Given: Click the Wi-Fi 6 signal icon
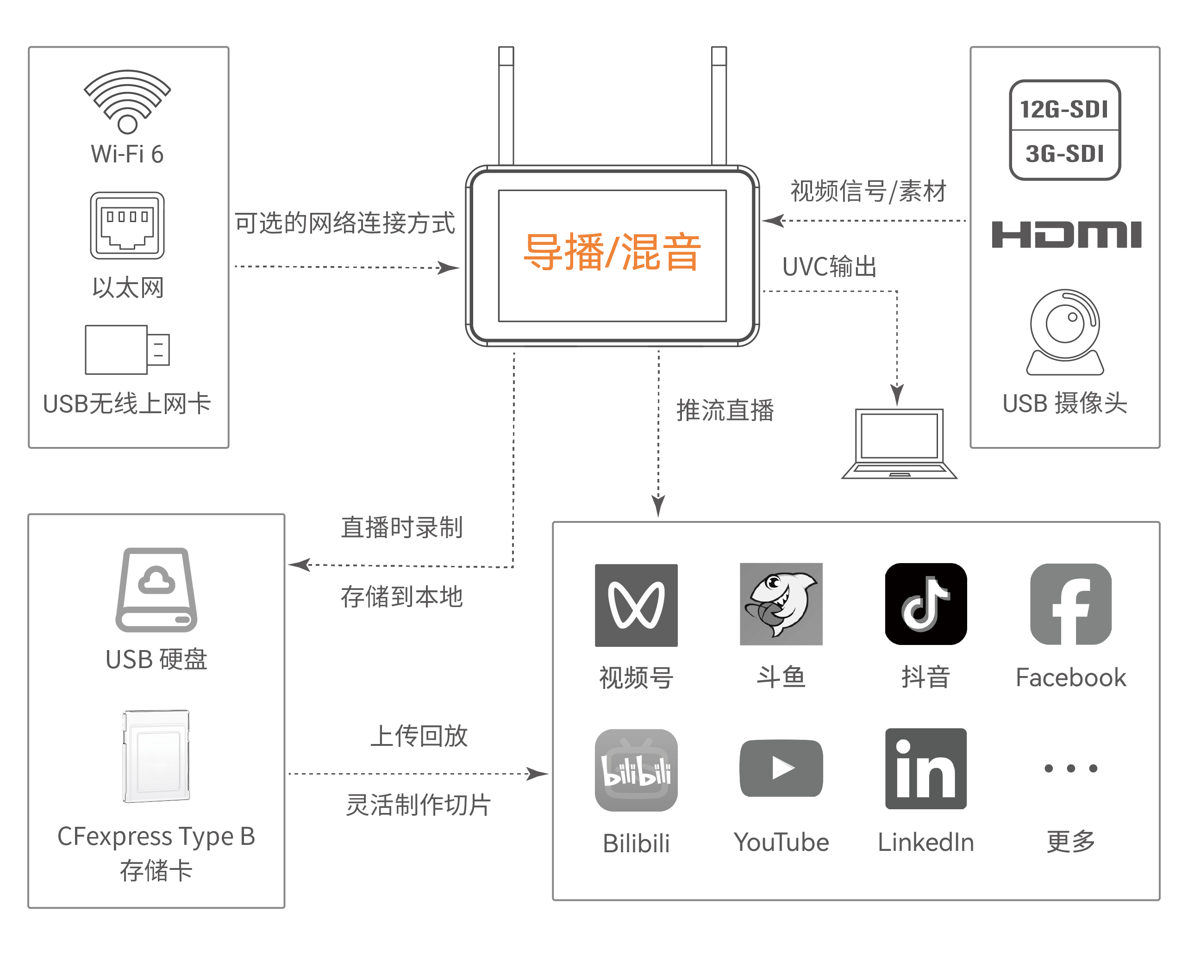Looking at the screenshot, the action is click(127, 102).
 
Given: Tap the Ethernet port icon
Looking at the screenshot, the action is click(127, 225).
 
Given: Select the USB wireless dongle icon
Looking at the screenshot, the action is click(127, 349).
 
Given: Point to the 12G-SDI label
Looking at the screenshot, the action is click(1064, 109).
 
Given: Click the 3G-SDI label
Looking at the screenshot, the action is click(1064, 154).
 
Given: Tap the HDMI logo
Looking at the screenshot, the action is click(1066, 235).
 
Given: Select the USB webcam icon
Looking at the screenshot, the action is click(1065, 332).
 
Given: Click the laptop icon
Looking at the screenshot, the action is click(899, 444).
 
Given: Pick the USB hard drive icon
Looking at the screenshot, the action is click(156, 589).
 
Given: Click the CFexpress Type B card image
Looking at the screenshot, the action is click(156, 756).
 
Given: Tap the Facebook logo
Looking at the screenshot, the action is click(1070, 604).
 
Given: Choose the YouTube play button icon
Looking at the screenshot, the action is click(782, 768).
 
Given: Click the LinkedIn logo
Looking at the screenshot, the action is click(925, 769).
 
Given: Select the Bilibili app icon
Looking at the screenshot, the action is click(637, 770).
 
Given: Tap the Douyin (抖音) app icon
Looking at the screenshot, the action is click(925, 604).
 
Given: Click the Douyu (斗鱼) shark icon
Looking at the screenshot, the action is click(782, 604).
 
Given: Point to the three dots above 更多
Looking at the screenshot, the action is click(1070, 768).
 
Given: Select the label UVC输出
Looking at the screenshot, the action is click(829, 267).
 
